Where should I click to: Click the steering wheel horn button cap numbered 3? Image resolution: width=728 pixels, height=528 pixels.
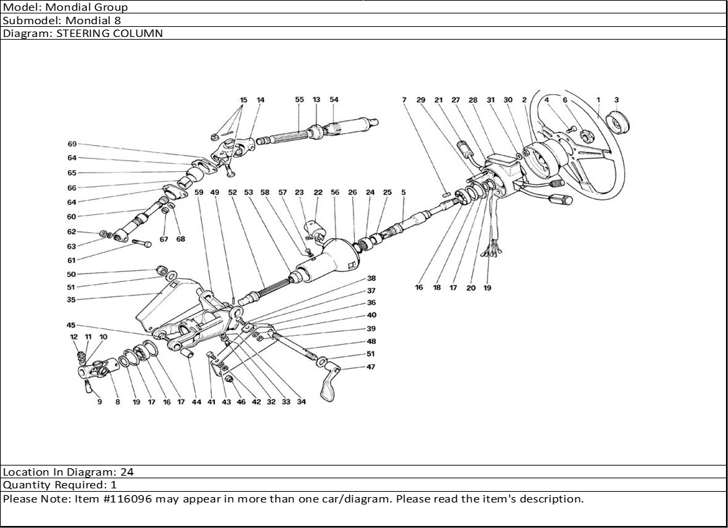(618, 124)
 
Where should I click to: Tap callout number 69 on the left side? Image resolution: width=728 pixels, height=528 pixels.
(72, 144)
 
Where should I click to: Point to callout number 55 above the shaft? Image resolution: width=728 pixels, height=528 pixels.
(300, 100)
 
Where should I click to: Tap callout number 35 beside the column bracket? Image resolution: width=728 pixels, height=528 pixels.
(71, 300)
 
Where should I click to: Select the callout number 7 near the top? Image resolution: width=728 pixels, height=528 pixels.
(404, 100)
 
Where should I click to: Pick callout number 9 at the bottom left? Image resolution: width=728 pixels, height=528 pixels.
(99, 402)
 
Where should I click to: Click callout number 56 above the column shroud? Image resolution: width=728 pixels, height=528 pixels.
(335, 193)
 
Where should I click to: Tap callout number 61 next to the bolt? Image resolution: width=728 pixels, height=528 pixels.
(71, 260)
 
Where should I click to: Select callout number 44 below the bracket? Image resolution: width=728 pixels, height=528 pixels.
(196, 402)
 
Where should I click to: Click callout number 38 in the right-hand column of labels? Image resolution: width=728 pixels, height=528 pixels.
(371, 278)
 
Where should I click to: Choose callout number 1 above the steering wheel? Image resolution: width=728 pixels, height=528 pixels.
(598, 100)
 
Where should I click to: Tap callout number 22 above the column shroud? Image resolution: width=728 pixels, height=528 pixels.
(318, 193)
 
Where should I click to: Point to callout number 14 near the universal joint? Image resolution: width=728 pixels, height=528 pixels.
(261, 100)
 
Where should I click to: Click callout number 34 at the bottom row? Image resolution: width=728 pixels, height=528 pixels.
(301, 402)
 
